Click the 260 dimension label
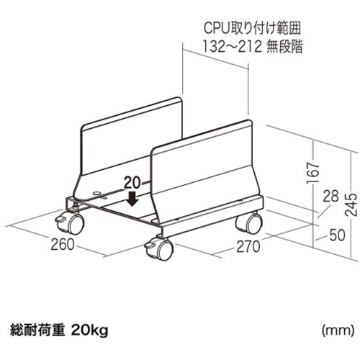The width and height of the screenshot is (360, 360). (x=63, y=245)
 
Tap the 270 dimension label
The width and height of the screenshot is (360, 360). (x=248, y=247)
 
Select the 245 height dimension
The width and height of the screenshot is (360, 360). (x=351, y=204)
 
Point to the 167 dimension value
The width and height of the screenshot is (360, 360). (x=313, y=173)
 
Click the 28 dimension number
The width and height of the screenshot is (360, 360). (x=330, y=197)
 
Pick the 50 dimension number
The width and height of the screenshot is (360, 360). (x=337, y=235)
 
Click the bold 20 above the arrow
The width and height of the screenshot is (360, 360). (x=132, y=183)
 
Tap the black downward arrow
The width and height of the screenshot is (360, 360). (x=132, y=199)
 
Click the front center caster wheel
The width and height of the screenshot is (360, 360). (x=160, y=250)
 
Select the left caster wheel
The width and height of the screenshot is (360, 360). (x=70, y=223)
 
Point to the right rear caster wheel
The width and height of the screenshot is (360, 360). (x=250, y=223)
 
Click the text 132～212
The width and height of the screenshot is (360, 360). (x=232, y=47)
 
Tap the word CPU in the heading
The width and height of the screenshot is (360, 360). (x=217, y=28)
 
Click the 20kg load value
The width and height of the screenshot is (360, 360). (x=90, y=330)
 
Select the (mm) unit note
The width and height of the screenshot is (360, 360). (x=338, y=330)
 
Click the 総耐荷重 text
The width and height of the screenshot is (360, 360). (x=37, y=330)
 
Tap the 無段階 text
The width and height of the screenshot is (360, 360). (x=284, y=47)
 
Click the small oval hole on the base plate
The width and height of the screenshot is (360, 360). (x=97, y=192)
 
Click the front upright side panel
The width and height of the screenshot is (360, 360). (x=204, y=173)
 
